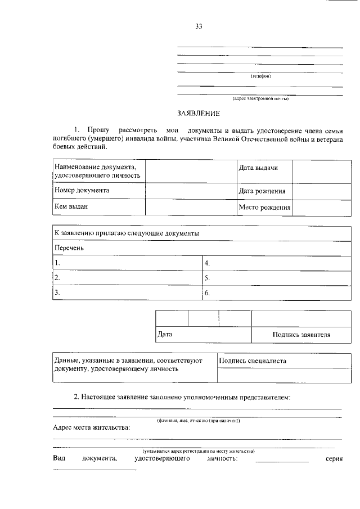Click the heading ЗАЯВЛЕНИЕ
[198, 113]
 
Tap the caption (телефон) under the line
[260, 76]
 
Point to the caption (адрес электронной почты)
[260, 98]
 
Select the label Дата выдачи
[258, 168]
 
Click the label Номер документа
[82, 190]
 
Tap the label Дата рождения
[262, 191]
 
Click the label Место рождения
[264, 207]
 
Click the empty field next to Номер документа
[191, 191]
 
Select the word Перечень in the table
[69, 247]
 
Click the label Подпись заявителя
[301, 335]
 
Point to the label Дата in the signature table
[165, 335]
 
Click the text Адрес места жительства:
[91, 427]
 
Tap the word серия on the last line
[334, 460]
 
